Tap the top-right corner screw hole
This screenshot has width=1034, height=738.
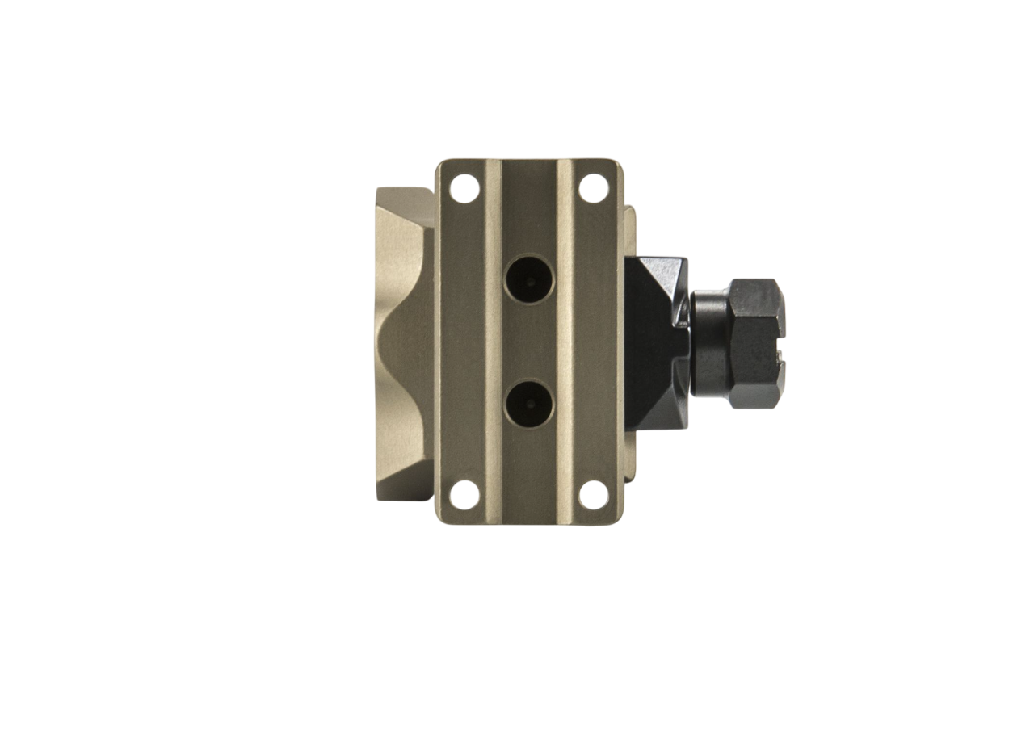[594, 187]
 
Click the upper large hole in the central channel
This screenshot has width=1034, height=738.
[528, 279]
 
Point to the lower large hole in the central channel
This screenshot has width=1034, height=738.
[528, 403]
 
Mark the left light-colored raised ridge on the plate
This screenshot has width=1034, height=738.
[493, 339]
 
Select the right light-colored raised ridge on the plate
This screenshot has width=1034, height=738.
[565, 339]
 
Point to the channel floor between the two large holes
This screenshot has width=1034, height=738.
[528, 341]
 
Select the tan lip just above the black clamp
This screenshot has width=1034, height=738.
[631, 230]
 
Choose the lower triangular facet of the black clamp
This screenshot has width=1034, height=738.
[658, 412]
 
